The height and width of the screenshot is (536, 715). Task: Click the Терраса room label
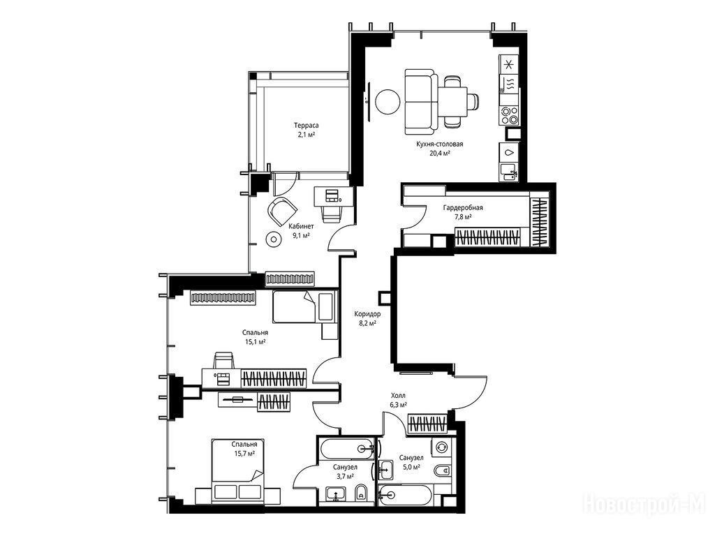pyautogui.click(x=306, y=125)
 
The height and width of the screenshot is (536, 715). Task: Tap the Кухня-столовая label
pyautogui.click(x=439, y=144)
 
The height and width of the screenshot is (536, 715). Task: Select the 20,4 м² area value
pyautogui.click(x=440, y=153)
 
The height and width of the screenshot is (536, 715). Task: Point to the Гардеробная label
pyautogui.click(x=463, y=208)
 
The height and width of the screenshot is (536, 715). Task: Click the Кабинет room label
pyautogui.click(x=301, y=226)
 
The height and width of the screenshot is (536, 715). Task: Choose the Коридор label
pyautogui.click(x=367, y=314)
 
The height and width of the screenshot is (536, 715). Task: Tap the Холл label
pyautogui.click(x=398, y=396)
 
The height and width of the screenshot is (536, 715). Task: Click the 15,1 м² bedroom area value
pyautogui.click(x=256, y=341)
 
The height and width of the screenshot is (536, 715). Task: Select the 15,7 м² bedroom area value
pyautogui.click(x=244, y=453)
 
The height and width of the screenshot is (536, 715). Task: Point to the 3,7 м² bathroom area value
pyautogui.click(x=345, y=476)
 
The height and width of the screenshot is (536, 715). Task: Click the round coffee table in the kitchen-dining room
pyautogui.click(x=388, y=101)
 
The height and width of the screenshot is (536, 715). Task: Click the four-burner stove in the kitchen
pyautogui.click(x=509, y=115)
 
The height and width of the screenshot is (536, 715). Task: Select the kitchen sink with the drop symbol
pyautogui.click(x=509, y=153)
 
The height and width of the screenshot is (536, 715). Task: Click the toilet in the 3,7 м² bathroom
pyautogui.click(x=361, y=493)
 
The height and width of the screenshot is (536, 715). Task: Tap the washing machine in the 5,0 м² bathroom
pyautogui.click(x=441, y=447)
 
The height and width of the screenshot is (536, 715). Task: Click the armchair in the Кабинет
pyautogui.click(x=283, y=211)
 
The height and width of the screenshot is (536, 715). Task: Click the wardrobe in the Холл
pyautogui.click(x=427, y=424)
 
